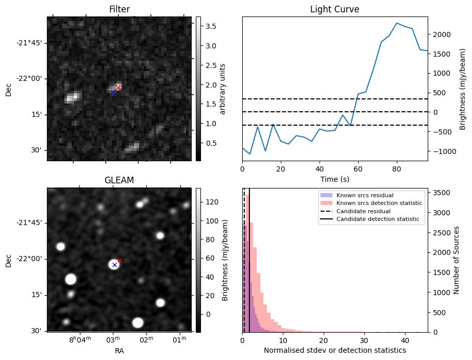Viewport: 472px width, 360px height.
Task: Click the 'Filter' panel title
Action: tap(119, 9)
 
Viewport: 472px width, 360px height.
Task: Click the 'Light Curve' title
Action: tap(334, 9)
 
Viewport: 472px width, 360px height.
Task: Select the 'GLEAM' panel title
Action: tap(119, 180)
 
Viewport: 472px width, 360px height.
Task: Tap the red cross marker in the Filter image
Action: tap(118, 88)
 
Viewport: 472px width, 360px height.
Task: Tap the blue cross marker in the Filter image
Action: tap(113, 92)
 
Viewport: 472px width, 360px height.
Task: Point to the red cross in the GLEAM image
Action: tap(120, 260)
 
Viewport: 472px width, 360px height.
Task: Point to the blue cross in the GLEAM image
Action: tap(114, 265)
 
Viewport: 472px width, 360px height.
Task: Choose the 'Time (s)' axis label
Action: tap(334, 178)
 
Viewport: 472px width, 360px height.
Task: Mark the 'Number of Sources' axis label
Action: tap(456, 260)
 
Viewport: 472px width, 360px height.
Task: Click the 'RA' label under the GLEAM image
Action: tap(119, 351)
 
